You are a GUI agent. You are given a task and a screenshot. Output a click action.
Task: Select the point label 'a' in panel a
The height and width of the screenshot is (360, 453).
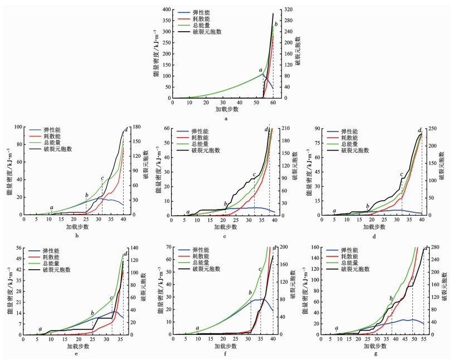(261, 70)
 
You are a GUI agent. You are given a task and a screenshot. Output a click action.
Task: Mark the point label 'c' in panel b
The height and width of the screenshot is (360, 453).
(103, 178)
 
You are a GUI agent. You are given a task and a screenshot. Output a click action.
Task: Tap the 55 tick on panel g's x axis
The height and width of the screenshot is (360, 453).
(423, 339)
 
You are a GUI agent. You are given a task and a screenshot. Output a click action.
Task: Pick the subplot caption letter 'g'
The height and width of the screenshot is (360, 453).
(376, 354)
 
